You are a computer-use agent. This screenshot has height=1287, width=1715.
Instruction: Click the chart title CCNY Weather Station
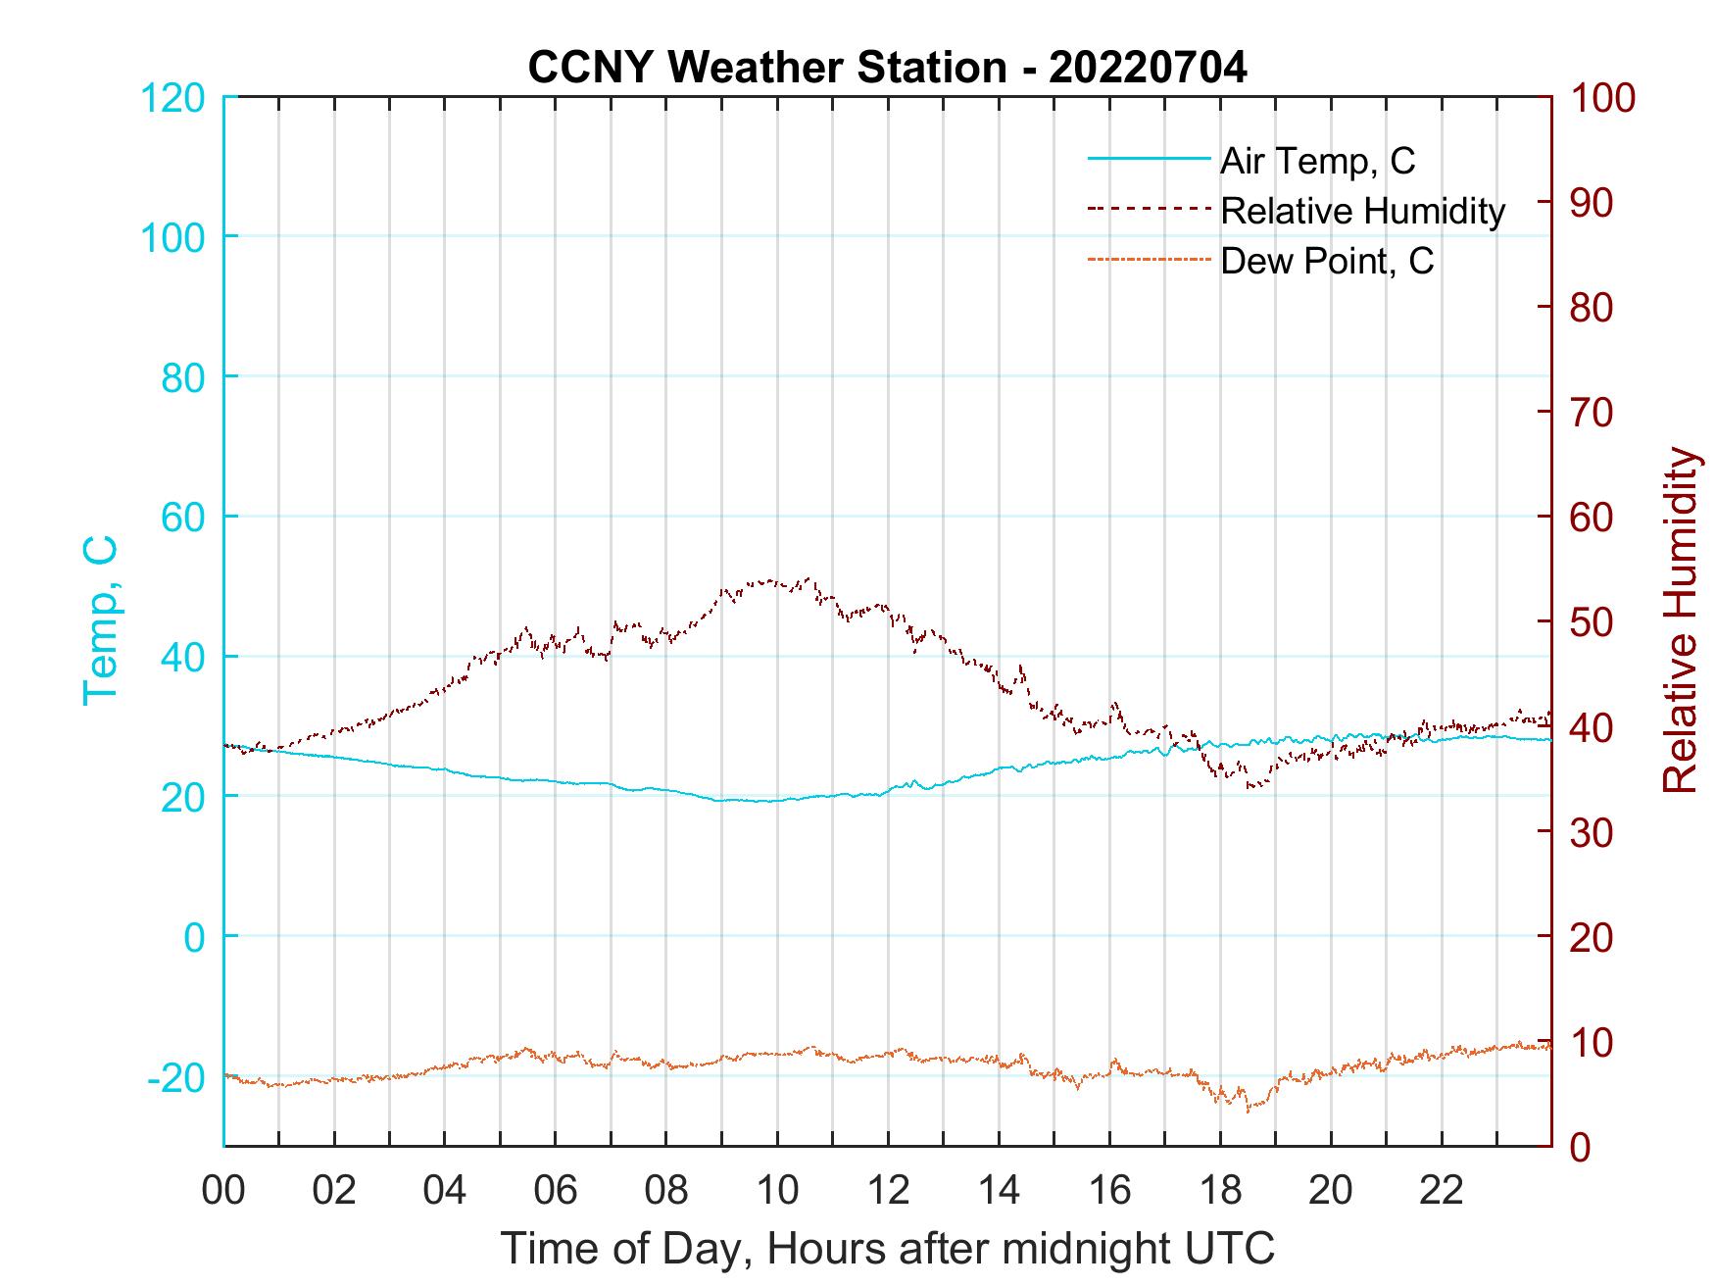[887, 68]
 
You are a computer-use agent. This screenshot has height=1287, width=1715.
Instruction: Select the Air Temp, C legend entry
[1316, 161]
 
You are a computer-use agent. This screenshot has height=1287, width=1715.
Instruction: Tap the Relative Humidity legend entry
[1361, 211]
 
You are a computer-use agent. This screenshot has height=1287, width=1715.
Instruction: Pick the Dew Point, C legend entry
[1326, 261]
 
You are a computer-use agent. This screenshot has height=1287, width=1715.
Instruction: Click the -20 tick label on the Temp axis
[176, 1078]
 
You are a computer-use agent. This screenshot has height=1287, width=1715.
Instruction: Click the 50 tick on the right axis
[1593, 622]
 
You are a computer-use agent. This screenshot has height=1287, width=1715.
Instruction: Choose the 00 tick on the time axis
[223, 1191]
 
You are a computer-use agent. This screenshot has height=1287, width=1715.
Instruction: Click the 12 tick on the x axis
[888, 1191]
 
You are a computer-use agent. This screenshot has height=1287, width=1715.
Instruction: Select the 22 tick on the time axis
[1442, 1191]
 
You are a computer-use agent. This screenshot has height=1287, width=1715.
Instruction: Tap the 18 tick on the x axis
[1220, 1191]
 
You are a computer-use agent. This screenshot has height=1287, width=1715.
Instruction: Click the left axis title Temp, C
[100, 620]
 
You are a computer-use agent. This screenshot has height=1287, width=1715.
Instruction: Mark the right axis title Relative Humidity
[1681, 620]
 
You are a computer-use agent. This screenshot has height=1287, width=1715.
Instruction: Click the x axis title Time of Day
[888, 1249]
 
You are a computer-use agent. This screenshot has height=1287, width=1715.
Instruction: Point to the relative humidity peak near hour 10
[807, 578]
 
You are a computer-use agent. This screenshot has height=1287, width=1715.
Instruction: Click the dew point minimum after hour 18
[1248, 1112]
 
